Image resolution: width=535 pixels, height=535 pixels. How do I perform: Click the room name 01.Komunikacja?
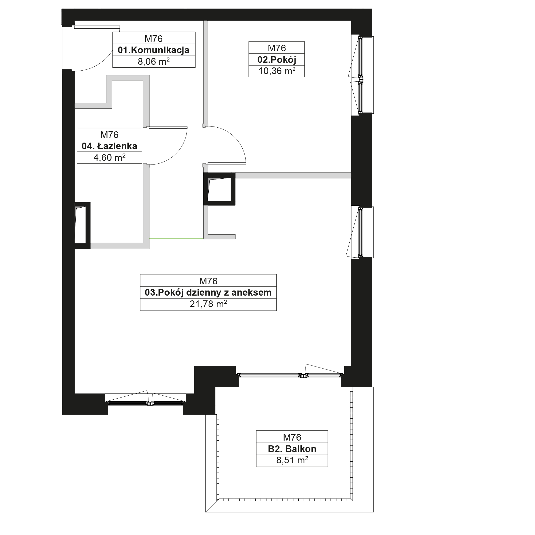[154, 50]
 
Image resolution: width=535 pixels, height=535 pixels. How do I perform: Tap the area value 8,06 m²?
[154, 62]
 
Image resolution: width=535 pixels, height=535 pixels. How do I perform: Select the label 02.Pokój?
[277, 60]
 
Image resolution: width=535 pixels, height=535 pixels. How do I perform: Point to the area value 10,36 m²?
[277, 71]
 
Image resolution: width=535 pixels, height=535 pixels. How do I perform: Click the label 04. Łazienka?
[109, 146]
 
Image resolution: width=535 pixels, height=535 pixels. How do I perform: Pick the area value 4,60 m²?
[109, 158]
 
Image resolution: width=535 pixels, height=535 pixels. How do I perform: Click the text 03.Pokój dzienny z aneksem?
[208, 293]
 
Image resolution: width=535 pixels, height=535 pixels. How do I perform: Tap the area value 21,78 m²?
[208, 304]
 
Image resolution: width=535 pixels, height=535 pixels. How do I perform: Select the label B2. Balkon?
[292, 449]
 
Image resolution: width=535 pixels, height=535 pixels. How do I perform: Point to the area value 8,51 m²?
[292, 460]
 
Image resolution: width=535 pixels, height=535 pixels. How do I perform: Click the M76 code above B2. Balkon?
[292, 437]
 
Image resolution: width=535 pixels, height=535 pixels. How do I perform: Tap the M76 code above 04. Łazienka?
[109, 135]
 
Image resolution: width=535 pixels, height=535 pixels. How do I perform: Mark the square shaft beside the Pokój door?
[219, 189]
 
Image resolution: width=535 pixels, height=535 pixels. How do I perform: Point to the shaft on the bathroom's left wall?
[82, 226]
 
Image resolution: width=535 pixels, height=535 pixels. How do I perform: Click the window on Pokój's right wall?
[361, 75]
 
